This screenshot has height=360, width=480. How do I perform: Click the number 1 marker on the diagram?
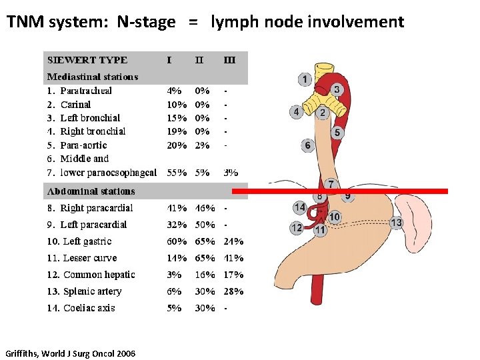305,80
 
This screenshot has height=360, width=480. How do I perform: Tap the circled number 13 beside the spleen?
397,223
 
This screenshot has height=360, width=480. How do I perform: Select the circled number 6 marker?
307,145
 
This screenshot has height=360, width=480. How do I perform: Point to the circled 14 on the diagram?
299,208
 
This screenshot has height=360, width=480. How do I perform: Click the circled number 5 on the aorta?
337,133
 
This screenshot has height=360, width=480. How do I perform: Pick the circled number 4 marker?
296,112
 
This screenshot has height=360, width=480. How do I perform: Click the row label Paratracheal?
86,91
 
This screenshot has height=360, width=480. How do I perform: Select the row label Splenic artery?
92,291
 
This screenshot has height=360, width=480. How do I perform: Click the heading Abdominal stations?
91,191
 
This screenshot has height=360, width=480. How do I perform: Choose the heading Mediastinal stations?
93,77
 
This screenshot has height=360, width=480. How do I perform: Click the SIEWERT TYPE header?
87,60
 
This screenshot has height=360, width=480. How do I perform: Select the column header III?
229,60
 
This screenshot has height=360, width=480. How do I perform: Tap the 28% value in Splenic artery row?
233,291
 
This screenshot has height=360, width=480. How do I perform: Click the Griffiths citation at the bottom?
69,353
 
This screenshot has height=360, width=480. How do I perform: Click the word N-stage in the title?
146,22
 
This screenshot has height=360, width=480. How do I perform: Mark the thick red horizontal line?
340,191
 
